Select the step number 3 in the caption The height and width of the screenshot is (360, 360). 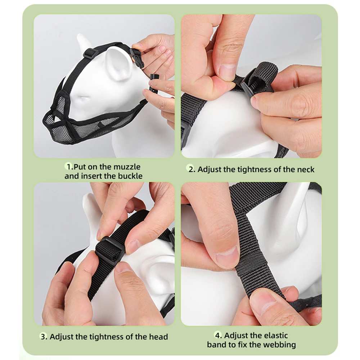tap(43, 337)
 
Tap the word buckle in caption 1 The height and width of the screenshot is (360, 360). tap(130, 176)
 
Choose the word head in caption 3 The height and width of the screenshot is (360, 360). tap(158, 337)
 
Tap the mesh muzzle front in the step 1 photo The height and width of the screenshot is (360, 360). tap(60, 126)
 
